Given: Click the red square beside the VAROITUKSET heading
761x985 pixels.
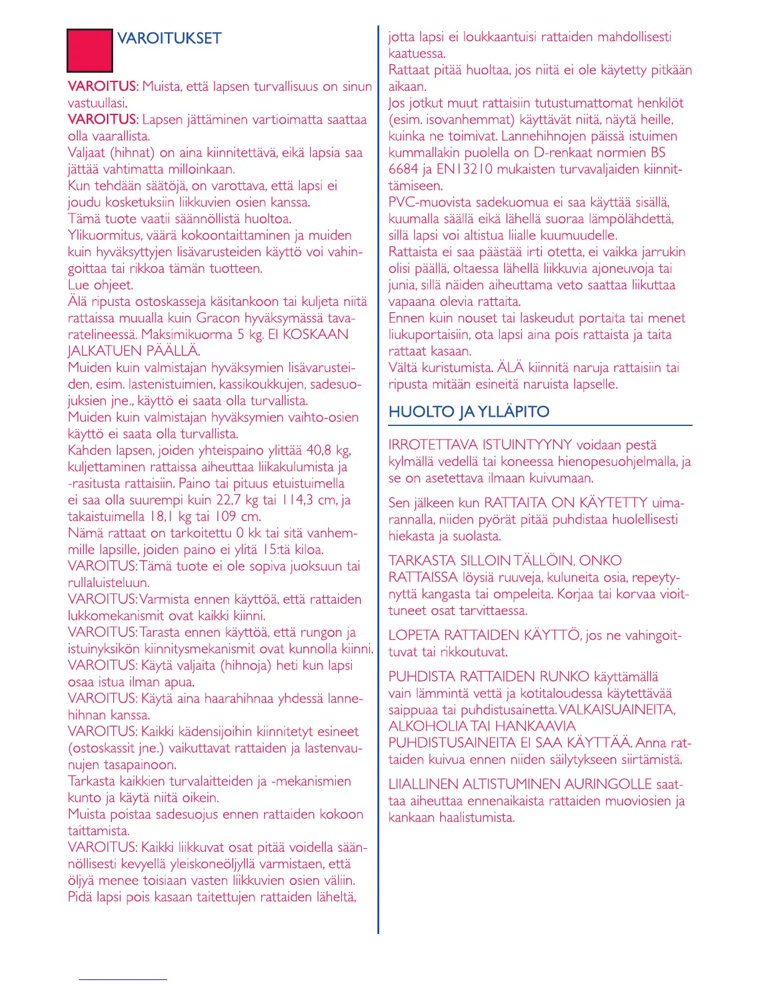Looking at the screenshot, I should pos(90,50).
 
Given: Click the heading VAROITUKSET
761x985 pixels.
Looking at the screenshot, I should pos(169,39).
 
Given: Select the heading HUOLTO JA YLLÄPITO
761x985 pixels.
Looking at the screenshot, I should pos(469,412).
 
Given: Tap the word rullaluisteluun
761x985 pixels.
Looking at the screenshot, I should pos(108,583).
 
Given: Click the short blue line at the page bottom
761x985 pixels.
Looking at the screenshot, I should pos(123,980).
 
